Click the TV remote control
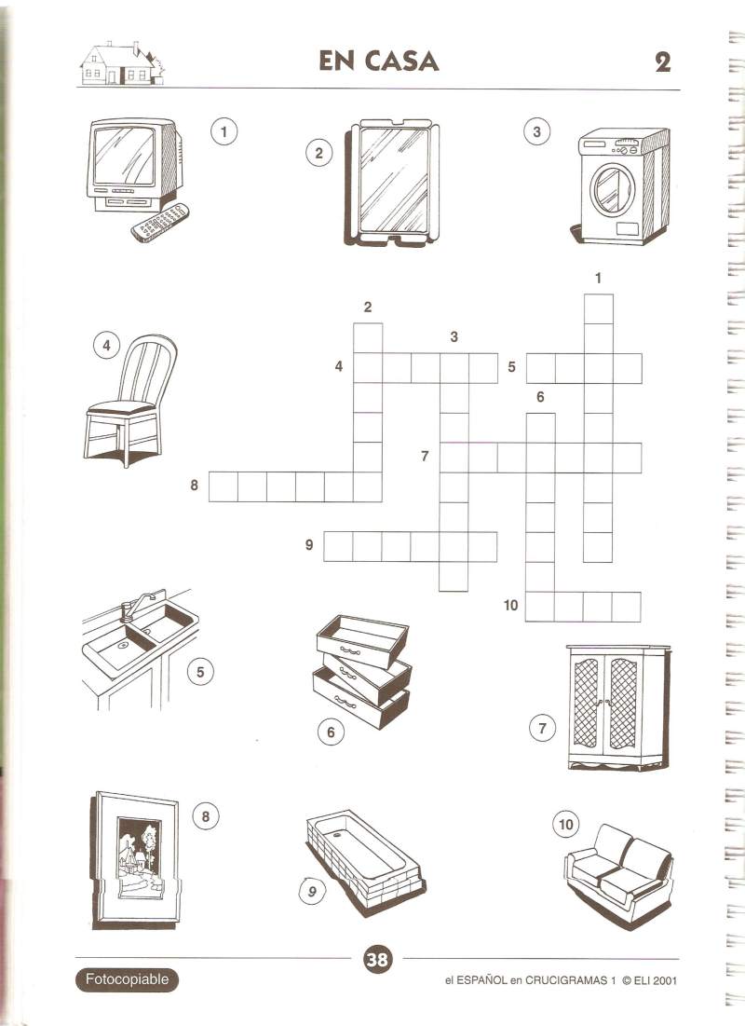[161, 223]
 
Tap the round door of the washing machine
[612, 188]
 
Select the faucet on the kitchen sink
[135, 605]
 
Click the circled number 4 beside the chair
[106, 345]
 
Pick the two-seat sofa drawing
[618, 870]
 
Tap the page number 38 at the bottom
[377, 960]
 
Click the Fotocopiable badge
[127, 979]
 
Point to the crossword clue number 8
[194, 485]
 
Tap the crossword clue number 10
[510, 606]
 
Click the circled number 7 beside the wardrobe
[542, 728]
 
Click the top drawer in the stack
[362, 639]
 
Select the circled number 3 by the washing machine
[537, 131]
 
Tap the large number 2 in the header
[663, 62]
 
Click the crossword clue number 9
[309, 544]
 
